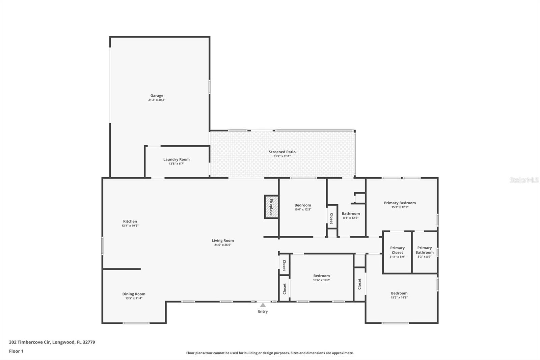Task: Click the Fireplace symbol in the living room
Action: point(271,207)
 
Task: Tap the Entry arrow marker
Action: point(263,305)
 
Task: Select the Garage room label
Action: point(157,96)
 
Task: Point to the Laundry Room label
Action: point(177,159)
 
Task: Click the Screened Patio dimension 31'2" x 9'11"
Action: point(282,156)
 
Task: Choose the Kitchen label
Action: point(130,222)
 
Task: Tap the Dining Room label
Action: point(134,294)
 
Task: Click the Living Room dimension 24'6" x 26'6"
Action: point(223,245)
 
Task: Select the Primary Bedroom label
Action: point(400,203)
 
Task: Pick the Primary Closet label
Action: point(397,250)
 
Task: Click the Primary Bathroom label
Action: point(425,250)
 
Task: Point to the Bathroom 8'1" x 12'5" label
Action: point(351,214)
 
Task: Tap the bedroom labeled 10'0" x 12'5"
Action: point(303,205)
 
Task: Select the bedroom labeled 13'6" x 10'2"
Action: point(322,276)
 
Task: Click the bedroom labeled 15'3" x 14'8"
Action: point(399,293)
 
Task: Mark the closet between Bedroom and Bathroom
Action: point(332,218)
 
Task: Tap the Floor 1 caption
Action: point(16,351)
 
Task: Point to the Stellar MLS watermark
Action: point(524,180)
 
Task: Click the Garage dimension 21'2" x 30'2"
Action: point(157,100)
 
